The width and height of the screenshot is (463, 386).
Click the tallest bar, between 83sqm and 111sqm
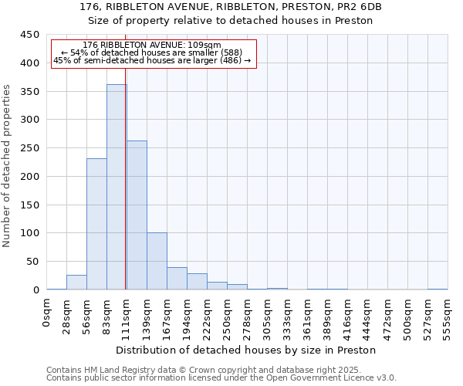[116, 187]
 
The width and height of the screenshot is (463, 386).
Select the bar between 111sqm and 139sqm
[137, 215]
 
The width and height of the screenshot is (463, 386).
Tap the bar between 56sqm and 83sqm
[96, 224]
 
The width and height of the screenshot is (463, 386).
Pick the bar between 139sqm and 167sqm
[157, 261]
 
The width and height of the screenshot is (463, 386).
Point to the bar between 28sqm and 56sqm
[76, 283]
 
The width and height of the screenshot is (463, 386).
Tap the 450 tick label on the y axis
[29, 35]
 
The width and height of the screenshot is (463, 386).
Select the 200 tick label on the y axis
[29, 177]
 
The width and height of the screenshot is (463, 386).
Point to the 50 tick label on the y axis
[32, 262]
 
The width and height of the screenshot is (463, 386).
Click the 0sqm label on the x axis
[47, 312]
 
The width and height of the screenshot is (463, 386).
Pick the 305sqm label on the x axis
[267, 317]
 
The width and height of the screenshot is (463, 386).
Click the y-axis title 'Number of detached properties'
[8, 166]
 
